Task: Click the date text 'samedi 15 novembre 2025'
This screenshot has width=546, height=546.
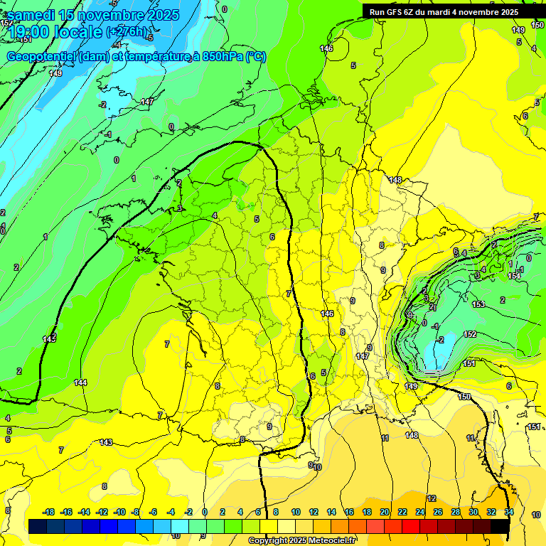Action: (93, 15)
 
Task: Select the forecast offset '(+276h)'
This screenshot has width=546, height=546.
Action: (128, 32)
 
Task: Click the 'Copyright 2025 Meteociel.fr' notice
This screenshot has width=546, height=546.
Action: (301, 541)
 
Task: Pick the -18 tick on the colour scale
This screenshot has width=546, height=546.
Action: (48, 512)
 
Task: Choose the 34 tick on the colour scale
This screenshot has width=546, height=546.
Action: (509, 512)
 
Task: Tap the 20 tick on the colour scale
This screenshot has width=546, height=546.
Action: (385, 512)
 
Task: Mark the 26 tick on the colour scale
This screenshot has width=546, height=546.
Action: (438, 512)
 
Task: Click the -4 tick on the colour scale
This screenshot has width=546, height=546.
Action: (171, 512)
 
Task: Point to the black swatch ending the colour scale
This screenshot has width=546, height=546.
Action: (500, 526)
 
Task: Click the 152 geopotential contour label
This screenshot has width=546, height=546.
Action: (470, 334)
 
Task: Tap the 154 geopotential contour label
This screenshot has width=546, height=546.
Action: (514, 275)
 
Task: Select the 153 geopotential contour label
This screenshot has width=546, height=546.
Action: (478, 304)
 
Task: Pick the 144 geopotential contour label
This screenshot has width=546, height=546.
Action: (80, 382)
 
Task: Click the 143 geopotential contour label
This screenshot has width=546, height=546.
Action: (106, 442)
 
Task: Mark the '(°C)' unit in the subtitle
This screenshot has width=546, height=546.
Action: (256, 57)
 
